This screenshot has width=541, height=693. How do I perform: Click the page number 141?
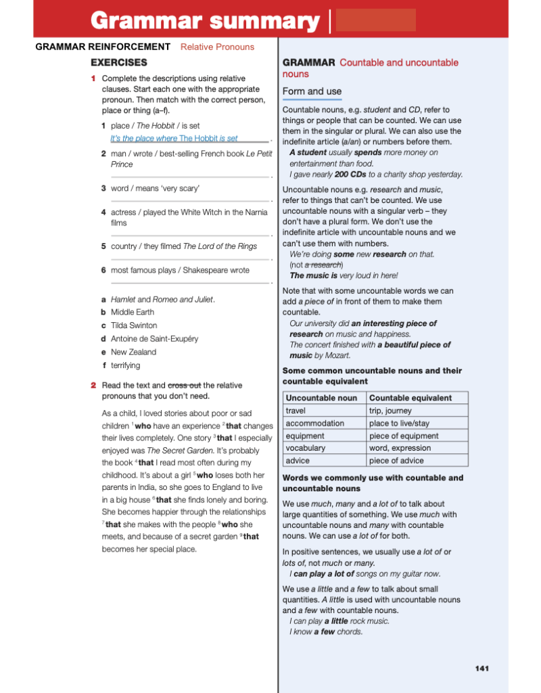pyautogui.click(x=481, y=669)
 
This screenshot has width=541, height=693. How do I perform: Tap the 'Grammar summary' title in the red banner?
pyautogui.click(x=206, y=21)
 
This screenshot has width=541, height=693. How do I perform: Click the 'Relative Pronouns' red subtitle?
pyautogui.click(x=217, y=47)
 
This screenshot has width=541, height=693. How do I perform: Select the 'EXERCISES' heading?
pyautogui.click(x=119, y=62)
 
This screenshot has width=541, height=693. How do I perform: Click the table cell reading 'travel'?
pyautogui.click(x=296, y=411)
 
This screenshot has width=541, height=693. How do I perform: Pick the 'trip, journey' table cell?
pyautogui.click(x=390, y=411)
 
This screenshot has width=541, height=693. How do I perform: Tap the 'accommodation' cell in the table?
pyautogui.click(x=314, y=423)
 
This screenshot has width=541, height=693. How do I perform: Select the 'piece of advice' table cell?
pyautogui.click(x=396, y=460)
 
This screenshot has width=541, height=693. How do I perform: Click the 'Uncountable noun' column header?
pyautogui.click(x=321, y=398)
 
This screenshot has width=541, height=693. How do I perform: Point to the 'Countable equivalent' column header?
pyautogui.click(x=410, y=398)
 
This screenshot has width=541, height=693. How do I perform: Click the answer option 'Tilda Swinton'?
pyautogui.click(x=134, y=326)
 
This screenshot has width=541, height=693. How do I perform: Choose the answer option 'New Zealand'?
pyautogui.click(x=133, y=352)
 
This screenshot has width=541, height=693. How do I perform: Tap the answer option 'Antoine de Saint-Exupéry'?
pyautogui.click(x=154, y=338)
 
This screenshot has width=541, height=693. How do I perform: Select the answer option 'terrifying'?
pyautogui.click(x=126, y=365)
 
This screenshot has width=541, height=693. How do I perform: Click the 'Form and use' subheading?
pyautogui.click(x=312, y=91)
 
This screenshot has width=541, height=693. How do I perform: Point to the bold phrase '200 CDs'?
pyautogui.click(x=350, y=174)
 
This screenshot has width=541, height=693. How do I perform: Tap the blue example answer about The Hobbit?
pyautogui.click(x=174, y=138)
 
